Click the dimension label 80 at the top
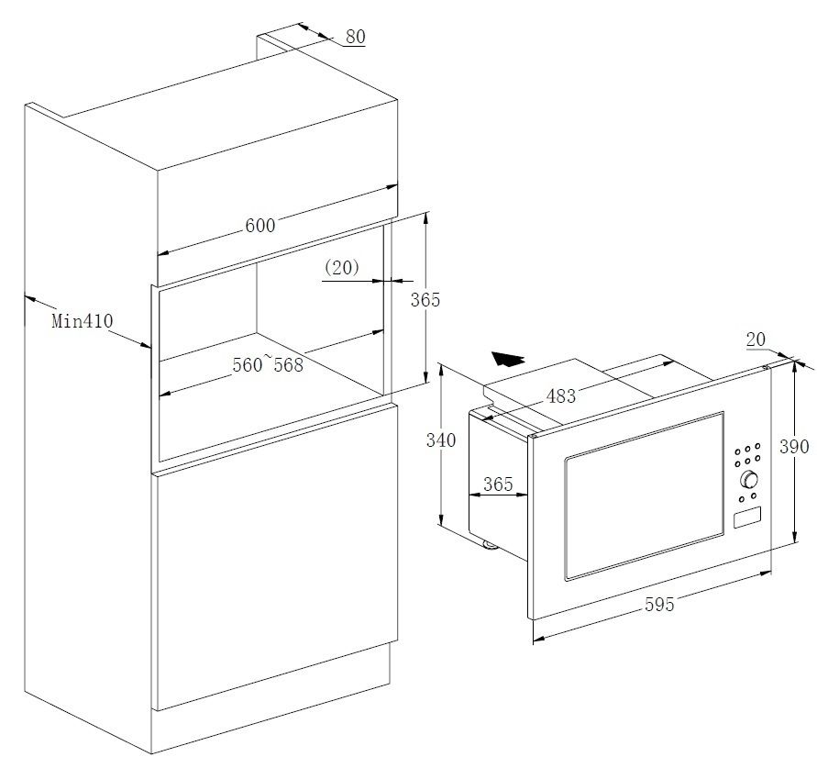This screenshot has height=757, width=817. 356,37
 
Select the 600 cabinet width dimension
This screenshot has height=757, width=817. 260,225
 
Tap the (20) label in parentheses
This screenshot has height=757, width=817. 342,267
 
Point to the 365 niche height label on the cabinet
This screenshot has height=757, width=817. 425,300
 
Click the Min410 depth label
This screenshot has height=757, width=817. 83,320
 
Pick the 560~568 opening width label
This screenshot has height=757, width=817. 268,363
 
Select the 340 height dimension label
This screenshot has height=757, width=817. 441,440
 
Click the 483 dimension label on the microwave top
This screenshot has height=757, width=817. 560,396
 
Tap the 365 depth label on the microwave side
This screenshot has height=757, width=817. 498,484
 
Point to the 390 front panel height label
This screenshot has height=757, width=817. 794,446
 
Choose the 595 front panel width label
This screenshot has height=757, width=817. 659,605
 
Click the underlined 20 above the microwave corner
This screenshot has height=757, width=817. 756,340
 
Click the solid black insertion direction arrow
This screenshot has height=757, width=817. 508,359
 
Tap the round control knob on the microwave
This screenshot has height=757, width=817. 749,480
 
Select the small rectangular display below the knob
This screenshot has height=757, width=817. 747,518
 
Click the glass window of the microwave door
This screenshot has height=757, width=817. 645,495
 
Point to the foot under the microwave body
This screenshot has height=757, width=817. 490,545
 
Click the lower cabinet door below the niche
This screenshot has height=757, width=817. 275,557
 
